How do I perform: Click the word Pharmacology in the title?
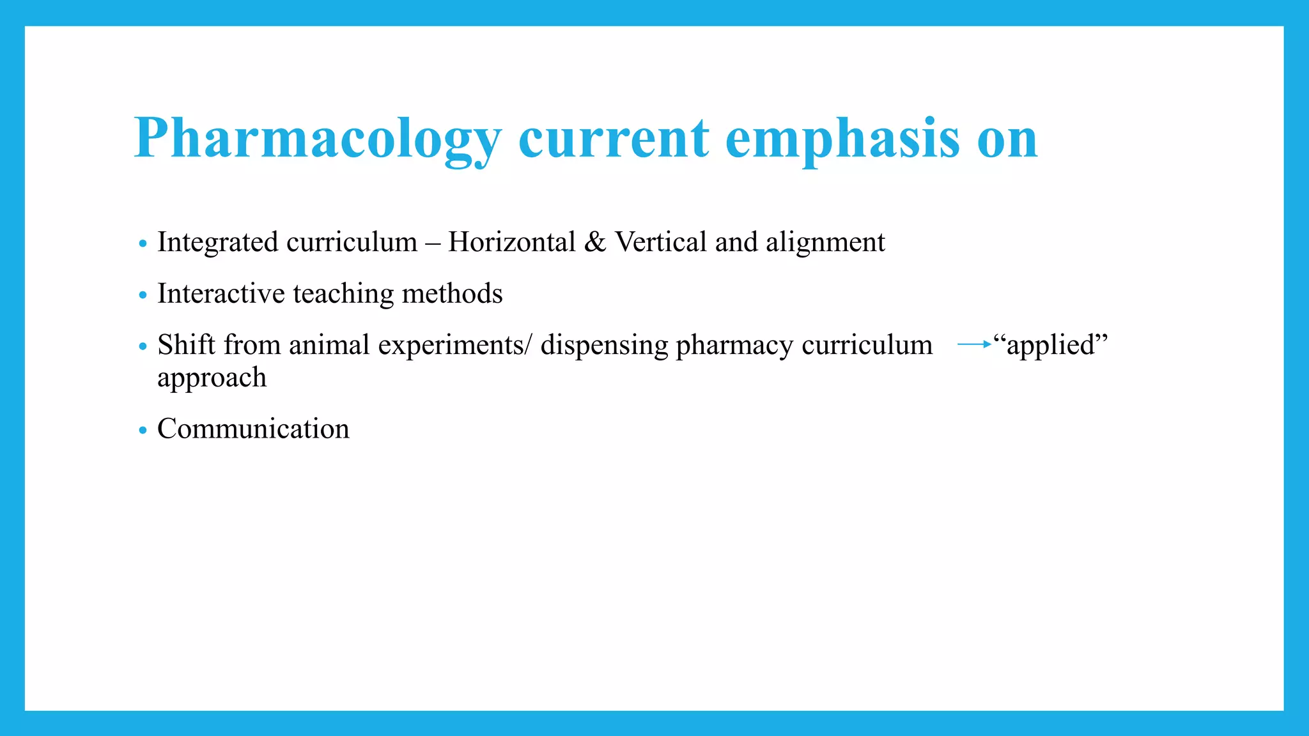click(318, 138)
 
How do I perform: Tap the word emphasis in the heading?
click(842, 138)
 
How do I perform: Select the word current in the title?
click(614, 138)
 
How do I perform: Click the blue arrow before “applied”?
click(974, 344)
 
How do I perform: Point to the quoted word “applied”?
click(1050, 345)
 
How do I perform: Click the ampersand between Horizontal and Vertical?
click(595, 242)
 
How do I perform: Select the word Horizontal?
click(512, 242)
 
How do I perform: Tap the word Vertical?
click(661, 242)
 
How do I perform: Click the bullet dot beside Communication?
click(143, 430)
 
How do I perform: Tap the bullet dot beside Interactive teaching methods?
click(143, 295)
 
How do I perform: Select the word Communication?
click(253, 429)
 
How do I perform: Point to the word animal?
click(329, 345)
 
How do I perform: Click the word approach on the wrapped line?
click(212, 378)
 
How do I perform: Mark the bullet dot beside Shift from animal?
click(143, 346)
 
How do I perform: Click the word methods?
click(452, 294)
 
